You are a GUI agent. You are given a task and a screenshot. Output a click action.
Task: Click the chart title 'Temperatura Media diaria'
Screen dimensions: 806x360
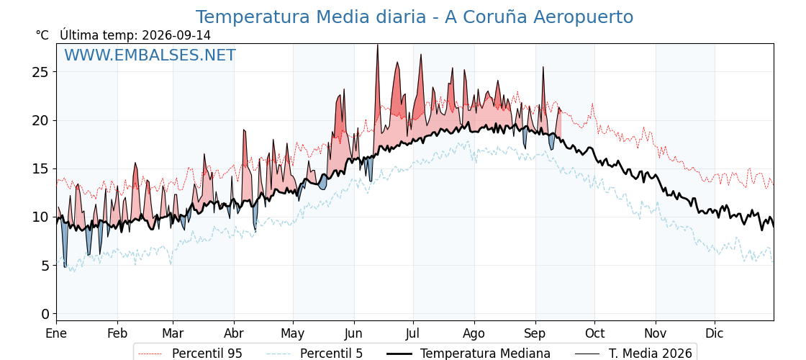coord(310,17)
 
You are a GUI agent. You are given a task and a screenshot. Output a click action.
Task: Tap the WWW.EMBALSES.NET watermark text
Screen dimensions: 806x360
coord(150,55)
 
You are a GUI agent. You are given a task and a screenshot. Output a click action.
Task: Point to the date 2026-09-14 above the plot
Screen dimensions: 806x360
coord(176,35)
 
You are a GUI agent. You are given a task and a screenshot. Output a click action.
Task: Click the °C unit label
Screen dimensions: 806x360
coord(42,35)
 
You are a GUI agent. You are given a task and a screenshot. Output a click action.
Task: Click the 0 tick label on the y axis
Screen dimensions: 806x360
coord(45,314)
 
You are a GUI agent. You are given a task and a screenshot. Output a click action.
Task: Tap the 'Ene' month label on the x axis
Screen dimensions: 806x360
coord(57,333)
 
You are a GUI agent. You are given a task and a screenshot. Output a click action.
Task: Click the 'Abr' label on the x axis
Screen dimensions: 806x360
coord(234,333)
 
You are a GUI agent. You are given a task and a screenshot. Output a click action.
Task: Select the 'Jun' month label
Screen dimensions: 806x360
coord(353,333)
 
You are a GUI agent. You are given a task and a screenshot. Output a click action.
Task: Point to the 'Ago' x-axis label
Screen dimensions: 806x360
coord(474,334)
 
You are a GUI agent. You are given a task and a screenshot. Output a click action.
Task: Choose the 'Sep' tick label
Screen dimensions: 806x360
coord(535,334)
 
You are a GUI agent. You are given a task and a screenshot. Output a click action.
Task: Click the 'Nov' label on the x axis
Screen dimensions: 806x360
coord(656,333)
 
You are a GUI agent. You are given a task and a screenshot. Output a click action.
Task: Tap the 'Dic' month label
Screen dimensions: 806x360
coord(715,333)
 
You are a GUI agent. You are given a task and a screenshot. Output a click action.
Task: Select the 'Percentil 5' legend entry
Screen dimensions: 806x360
coord(315,354)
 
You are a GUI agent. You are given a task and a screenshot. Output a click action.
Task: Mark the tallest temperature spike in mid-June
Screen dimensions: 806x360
coord(377,45)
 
